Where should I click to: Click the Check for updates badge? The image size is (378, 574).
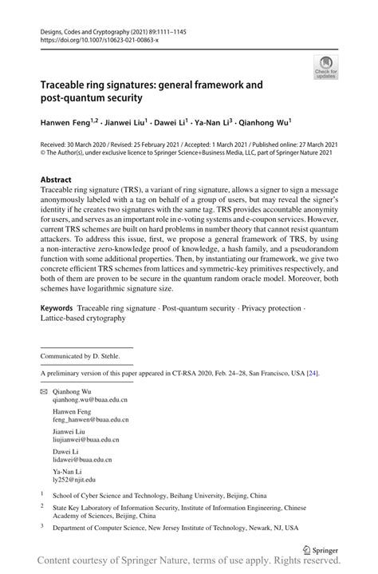325,67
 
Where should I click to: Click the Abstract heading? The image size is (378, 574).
56,180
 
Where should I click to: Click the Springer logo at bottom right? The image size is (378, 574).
321,549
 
